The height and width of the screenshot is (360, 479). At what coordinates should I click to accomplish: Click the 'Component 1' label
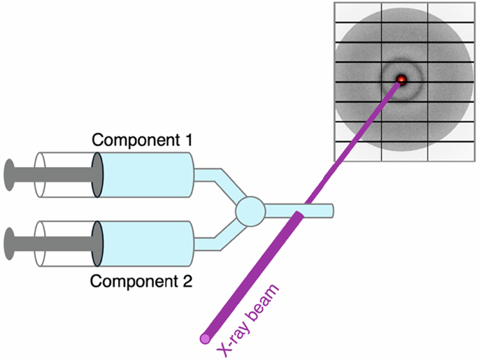(x=143, y=140)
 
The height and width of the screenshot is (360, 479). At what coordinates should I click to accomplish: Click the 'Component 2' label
(x=143, y=282)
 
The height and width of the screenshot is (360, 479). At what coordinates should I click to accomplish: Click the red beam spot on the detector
(x=401, y=80)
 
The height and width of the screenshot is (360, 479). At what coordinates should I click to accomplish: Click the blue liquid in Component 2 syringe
(x=147, y=245)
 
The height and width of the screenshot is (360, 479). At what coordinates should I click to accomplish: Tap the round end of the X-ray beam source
(x=205, y=339)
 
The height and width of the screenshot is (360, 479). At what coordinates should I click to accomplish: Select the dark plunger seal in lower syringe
(x=98, y=245)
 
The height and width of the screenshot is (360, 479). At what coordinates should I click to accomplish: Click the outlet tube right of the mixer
(x=318, y=209)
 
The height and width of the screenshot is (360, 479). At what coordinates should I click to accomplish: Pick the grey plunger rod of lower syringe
(x=56, y=245)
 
